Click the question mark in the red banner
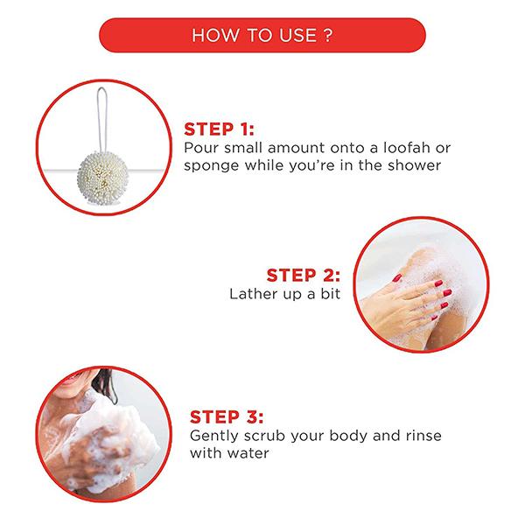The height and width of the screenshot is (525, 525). (329, 35)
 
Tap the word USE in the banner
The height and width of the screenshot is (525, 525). (298, 35)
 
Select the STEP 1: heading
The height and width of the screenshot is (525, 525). (219, 129)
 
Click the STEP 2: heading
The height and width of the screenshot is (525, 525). (304, 276)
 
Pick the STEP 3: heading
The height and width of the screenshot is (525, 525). (227, 417)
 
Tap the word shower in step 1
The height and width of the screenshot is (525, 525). (414, 165)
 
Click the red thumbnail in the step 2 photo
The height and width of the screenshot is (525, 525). (397, 278)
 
